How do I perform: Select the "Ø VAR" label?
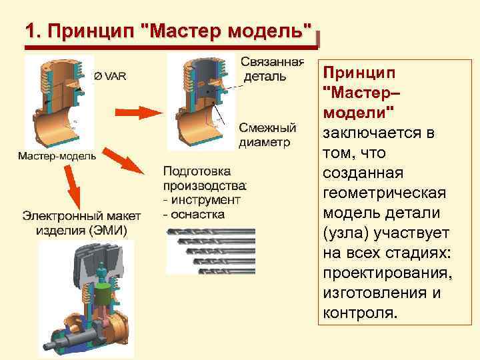110,75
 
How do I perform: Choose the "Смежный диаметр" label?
267,135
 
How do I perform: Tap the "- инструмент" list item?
201,199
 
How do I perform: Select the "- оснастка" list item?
194,214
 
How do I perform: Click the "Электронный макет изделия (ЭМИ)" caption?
81,223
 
